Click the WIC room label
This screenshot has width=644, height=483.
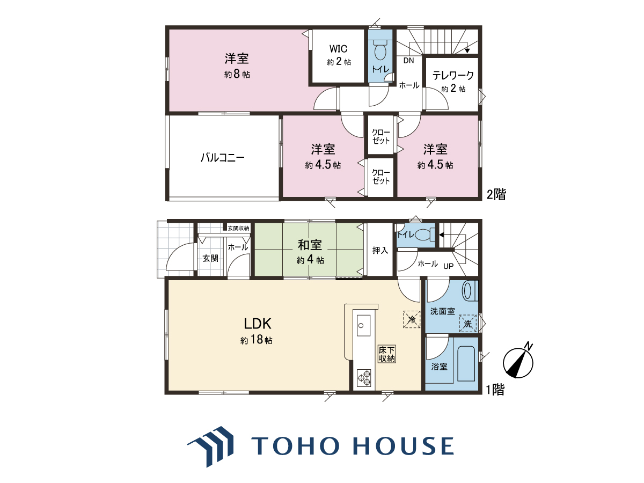click(338, 48)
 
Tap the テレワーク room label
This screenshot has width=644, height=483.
click(453, 76)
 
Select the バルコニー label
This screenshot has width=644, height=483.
click(222, 158)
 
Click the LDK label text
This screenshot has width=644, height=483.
click(257, 324)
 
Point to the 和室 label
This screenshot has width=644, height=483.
click(310, 245)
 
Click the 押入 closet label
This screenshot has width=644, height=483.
click(380, 250)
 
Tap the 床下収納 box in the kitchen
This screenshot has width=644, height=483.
click(387, 354)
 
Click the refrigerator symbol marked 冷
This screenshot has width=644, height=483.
click(412, 319)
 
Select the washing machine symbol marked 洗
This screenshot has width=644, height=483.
click(467, 324)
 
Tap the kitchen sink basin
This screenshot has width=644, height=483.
click(363, 326)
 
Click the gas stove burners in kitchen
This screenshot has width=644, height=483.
click(364, 378)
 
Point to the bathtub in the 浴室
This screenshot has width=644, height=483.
click(466, 364)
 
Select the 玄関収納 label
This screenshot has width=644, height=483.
click(238, 228)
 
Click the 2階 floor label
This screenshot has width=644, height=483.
click(496, 194)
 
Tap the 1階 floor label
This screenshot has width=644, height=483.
click(495, 390)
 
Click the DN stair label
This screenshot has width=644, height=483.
click(408, 61)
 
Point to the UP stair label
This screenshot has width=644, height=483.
click(448, 266)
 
